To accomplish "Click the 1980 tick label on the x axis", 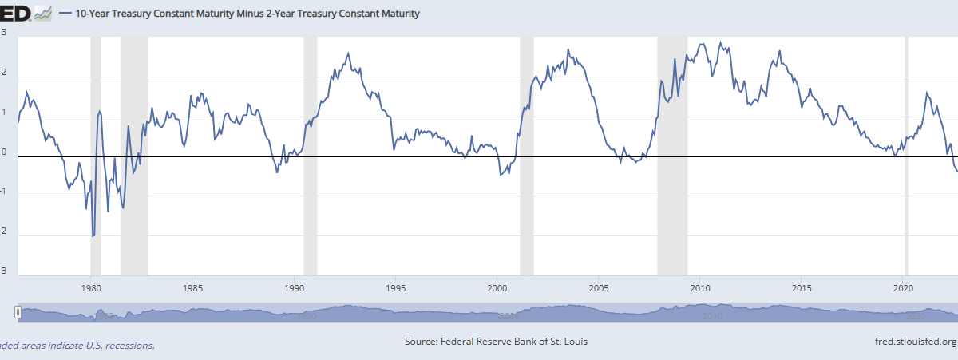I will coord(91,287).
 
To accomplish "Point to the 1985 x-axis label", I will coord(192,287).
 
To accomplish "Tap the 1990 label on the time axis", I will coord(294,287).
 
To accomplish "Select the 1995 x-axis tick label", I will coord(395,287).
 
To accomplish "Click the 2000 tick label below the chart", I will coord(497,287).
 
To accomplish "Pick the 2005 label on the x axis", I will coord(599,287).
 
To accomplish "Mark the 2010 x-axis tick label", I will coord(700,287).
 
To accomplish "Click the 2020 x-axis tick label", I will coord(904,287).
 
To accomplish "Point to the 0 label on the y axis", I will coord(4,151).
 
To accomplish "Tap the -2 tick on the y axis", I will coord(4,231).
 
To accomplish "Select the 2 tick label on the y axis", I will coord(4,72).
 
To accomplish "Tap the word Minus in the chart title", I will coord(263,14).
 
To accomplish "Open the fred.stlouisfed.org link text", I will coord(915,342).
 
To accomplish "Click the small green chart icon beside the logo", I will coord(43,14).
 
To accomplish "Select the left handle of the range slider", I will coord(18,313).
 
